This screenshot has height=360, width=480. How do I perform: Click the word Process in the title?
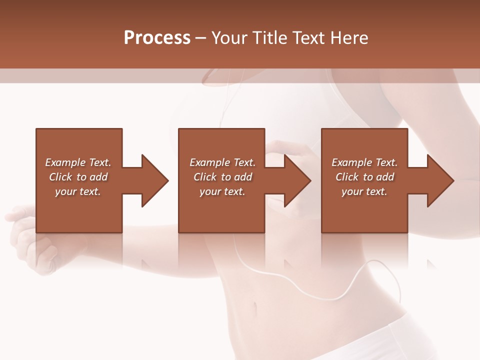tap(157, 38)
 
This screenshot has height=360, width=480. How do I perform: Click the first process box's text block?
tap(78, 177)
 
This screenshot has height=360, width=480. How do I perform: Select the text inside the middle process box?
tap(222, 177)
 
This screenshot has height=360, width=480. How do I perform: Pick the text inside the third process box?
tap(364, 177)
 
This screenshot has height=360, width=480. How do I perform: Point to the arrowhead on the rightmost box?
tap(440, 180)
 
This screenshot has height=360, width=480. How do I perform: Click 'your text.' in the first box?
tap(78, 191)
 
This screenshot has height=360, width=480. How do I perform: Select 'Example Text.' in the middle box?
tap(222, 162)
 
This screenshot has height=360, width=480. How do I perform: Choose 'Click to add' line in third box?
tap(364, 177)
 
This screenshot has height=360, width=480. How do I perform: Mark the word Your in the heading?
tap(230, 38)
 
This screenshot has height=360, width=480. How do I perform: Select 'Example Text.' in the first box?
tap(78, 162)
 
